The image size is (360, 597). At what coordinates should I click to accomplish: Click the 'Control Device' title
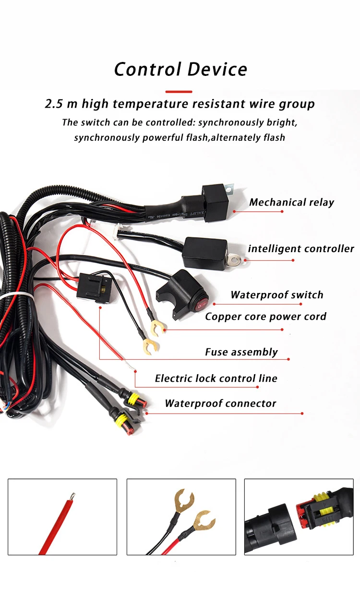pyautogui.click(x=180, y=69)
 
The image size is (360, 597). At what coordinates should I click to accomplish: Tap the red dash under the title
pyautogui.click(x=179, y=91)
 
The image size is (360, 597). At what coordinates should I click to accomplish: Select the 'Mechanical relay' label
pyautogui.click(x=291, y=202)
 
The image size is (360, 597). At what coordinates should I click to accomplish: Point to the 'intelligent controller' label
pyautogui.click(x=301, y=249)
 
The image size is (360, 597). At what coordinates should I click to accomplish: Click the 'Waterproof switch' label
pyautogui.click(x=277, y=295)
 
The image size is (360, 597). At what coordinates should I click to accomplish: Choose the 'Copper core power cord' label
pyautogui.click(x=265, y=317)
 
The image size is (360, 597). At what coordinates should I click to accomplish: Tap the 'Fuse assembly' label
pyautogui.click(x=241, y=352)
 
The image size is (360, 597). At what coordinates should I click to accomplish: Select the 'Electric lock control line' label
pyautogui.click(x=216, y=378)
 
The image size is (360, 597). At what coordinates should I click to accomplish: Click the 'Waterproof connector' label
pyautogui.click(x=220, y=403)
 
